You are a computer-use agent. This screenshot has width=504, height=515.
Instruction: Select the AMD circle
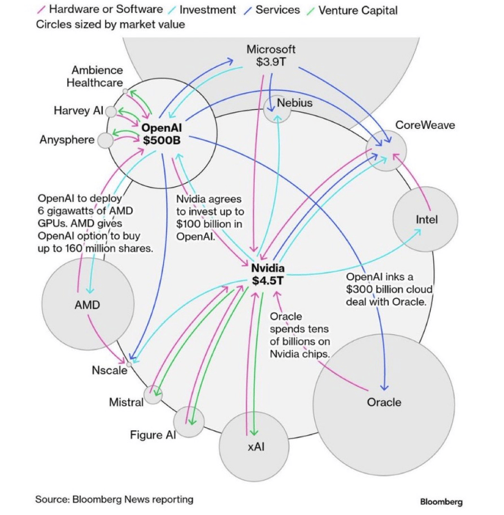88,305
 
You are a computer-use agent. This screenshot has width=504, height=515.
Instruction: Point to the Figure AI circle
189,422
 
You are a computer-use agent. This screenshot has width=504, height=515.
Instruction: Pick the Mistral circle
153,394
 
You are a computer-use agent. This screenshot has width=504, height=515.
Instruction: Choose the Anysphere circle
105,140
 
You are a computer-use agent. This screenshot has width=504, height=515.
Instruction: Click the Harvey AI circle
111,111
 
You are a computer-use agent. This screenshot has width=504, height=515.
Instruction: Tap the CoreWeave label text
425,125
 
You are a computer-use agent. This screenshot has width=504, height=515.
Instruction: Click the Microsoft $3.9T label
271,55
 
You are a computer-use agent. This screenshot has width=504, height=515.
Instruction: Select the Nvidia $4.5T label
268,274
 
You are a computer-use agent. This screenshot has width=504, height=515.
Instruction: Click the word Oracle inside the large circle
384,403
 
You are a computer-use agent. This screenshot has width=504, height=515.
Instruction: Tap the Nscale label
110,371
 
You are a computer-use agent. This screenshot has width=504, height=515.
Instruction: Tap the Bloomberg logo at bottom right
441,501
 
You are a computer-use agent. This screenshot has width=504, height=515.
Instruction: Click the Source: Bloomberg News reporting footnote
114,499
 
